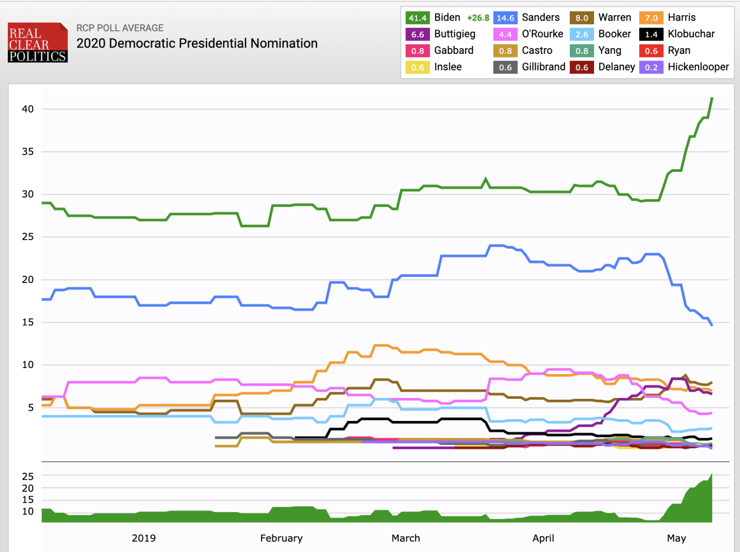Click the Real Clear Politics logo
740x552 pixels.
point(38,42)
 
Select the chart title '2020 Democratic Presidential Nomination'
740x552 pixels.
point(197,43)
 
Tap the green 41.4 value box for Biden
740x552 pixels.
point(417,18)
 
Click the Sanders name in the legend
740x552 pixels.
point(541,17)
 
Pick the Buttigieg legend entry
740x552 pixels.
point(455,34)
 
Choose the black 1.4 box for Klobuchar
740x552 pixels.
point(651,34)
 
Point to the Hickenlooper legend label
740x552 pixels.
point(698,67)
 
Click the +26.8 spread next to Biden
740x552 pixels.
point(478,18)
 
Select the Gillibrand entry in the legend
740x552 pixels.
point(543,67)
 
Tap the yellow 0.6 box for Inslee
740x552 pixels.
point(417,67)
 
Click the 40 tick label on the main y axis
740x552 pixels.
point(28,109)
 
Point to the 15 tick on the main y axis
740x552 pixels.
point(28,322)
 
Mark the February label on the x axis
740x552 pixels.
point(281,538)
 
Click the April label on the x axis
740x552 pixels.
point(543,538)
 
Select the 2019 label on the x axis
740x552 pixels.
point(144,538)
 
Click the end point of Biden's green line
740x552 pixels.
point(712,98)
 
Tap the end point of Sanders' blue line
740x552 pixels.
point(712,325)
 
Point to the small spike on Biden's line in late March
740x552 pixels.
point(486,179)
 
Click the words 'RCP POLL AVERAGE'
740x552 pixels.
point(120,28)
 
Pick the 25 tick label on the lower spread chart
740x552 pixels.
point(28,476)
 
